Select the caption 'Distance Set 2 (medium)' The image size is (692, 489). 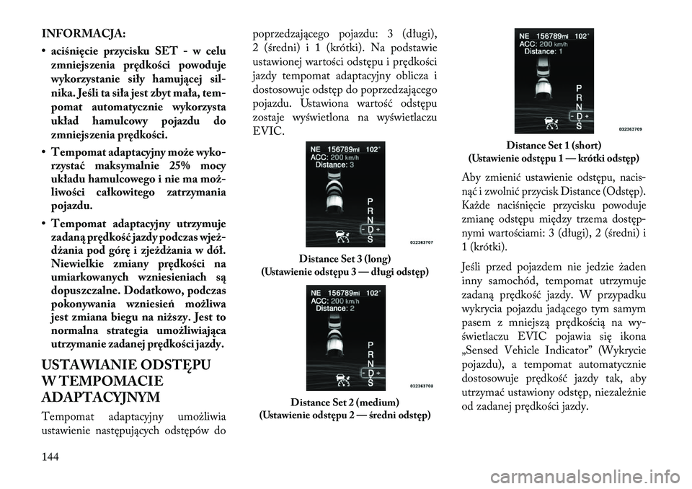345,403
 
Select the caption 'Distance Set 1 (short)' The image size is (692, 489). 554,145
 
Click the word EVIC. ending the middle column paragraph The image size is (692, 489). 268,131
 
